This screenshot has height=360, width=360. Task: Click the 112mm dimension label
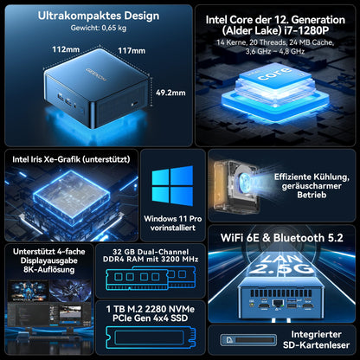[66, 49]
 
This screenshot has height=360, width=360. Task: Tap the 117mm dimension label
[132, 51]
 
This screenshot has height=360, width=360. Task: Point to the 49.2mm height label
[170, 93]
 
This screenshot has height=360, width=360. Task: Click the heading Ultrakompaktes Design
[99, 16]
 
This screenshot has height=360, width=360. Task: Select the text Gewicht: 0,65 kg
[99, 28]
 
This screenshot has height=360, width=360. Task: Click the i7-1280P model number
[306, 30]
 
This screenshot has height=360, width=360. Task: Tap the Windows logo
[172, 186]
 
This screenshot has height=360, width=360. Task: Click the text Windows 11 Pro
[173, 219]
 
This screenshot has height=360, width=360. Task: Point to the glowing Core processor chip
[275, 92]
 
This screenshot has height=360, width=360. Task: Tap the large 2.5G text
[280, 268]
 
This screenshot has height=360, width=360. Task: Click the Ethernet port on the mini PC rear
[278, 304]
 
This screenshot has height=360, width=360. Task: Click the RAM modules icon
[151, 278]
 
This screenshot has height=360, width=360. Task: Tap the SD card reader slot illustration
[248, 340]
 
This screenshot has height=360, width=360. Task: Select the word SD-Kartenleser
[316, 345]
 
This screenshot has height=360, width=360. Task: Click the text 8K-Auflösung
[49, 270]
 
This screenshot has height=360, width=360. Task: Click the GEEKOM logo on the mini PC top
[96, 74]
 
